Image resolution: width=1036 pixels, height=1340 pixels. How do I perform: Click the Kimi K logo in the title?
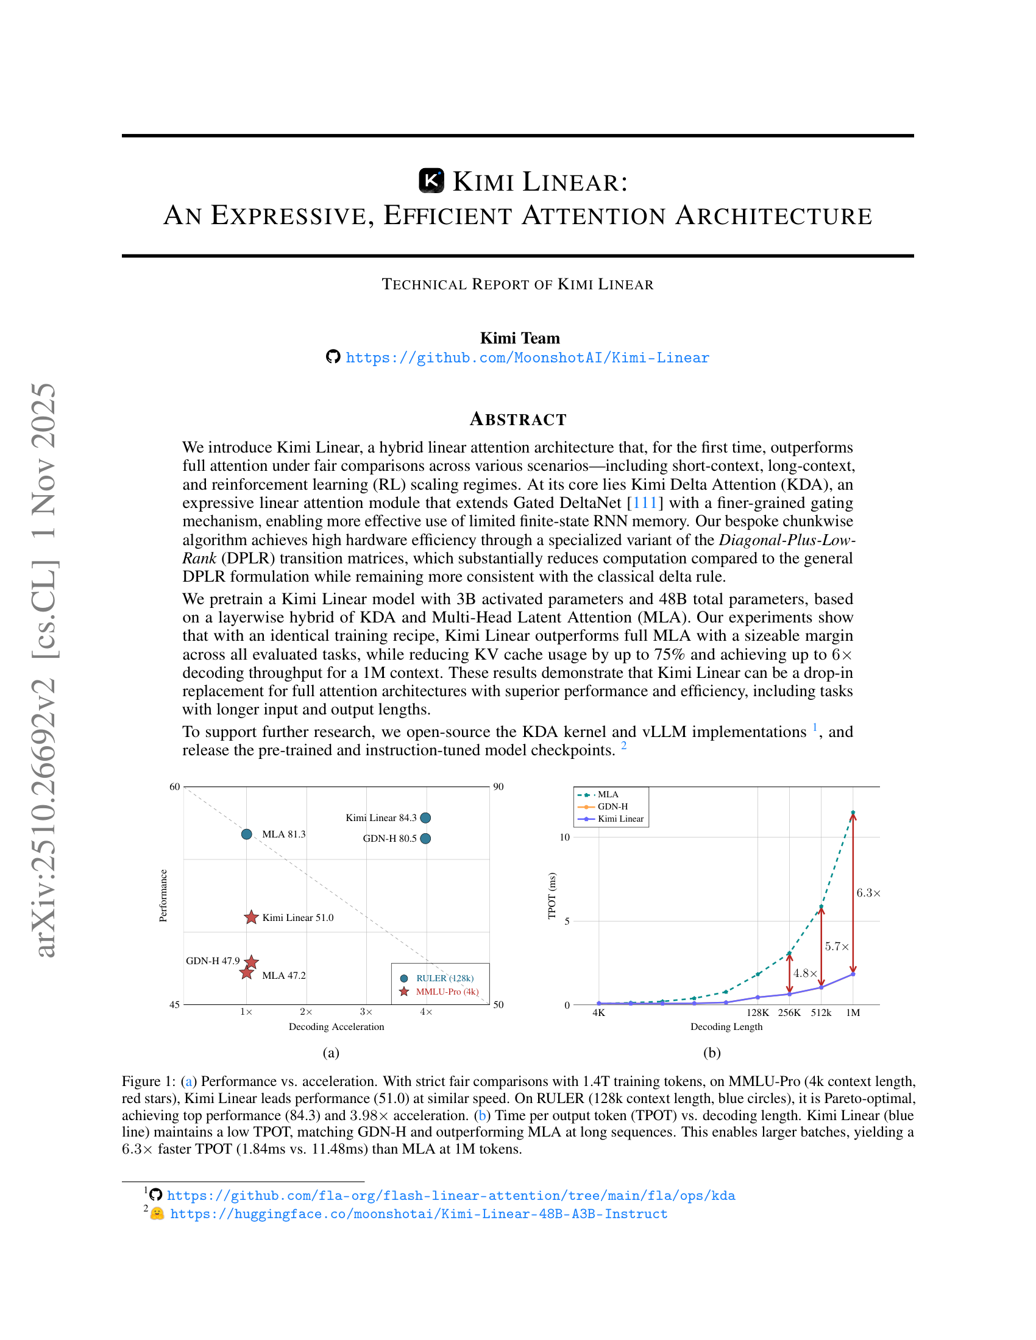(431, 181)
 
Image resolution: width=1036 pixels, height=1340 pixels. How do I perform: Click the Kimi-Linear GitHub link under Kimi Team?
(527, 358)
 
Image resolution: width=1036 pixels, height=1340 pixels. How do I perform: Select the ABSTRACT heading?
(518, 419)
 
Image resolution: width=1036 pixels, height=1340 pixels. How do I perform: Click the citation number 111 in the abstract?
(644, 503)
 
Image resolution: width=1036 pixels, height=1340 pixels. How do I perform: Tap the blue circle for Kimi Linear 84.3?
(425, 817)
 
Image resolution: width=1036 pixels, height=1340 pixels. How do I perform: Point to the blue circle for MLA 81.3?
(247, 834)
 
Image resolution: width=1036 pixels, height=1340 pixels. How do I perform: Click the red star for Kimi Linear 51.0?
(251, 917)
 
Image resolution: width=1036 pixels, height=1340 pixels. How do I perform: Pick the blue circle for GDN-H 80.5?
(425, 838)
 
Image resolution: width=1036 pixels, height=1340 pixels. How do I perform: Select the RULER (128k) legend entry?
(444, 978)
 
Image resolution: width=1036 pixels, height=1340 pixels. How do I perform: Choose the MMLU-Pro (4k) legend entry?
(447, 992)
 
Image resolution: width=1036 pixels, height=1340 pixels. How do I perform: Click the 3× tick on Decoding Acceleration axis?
(366, 1012)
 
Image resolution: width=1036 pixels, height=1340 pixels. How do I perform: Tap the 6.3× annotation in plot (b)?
(868, 893)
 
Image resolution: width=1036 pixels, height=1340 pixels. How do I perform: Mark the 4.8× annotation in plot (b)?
(804, 973)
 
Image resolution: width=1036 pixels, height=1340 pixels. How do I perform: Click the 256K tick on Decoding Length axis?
(789, 1012)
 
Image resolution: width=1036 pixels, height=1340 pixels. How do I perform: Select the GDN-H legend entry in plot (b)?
(612, 806)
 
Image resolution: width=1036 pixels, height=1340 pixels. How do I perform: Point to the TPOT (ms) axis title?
(552, 895)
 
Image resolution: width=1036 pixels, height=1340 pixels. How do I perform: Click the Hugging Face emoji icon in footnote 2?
(157, 1213)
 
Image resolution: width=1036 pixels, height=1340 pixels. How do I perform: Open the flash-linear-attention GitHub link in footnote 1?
(450, 1195)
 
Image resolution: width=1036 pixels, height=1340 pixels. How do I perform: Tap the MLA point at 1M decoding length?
(853, 813)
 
